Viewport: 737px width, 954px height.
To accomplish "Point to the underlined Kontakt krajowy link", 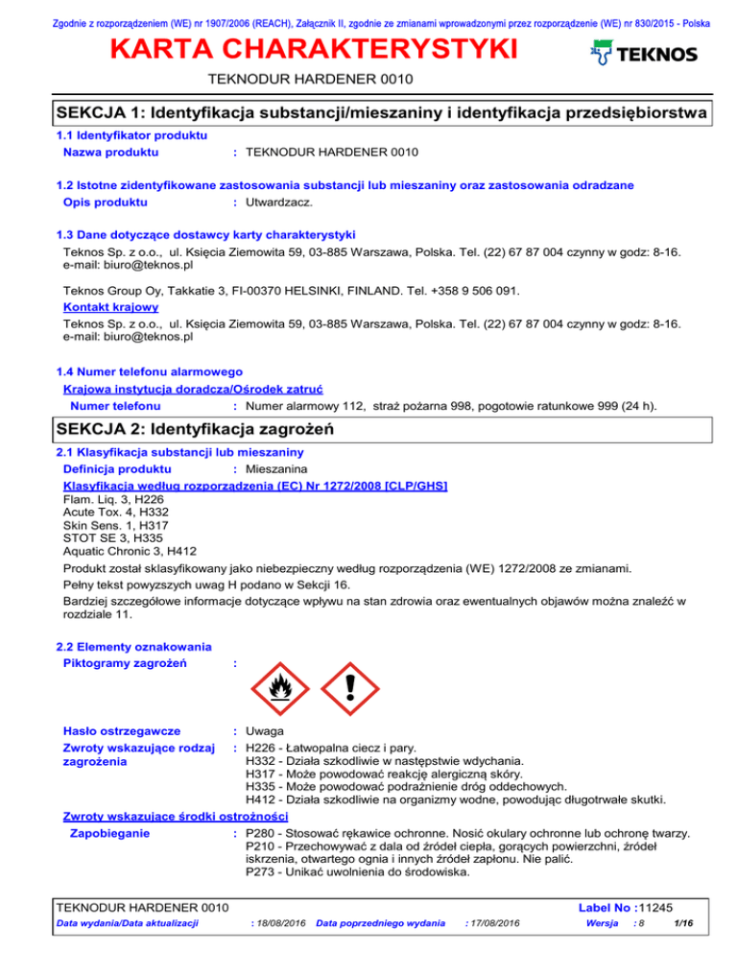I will pyautogui.click(x=99, y=307).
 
